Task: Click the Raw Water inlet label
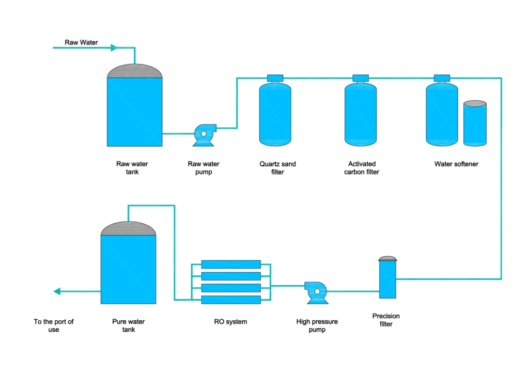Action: click(x=81, y=42)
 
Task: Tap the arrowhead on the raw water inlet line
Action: click(x=114, y=48)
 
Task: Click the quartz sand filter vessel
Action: click(x=275, y=114)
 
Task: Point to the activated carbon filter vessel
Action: click(x=361, y=114)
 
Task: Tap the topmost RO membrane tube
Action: click(x=231, y=264)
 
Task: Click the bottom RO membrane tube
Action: click(x=231, y=300)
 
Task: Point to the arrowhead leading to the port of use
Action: click(x=57, y=291)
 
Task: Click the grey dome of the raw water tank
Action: click(x=135, y=71)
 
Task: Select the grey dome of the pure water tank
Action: click(x=129, y=229)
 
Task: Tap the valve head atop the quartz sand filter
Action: click(x=275, y=78)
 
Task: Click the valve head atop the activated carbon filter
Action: click(x=361, y=78)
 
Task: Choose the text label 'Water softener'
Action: click(x=456, y=164)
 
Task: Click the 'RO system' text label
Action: click(x=230, y=322)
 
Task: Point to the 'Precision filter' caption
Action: click(x=386, y=320)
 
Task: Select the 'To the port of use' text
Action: click(x=54, y=325)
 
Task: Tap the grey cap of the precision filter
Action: click(x=387, y=259)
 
